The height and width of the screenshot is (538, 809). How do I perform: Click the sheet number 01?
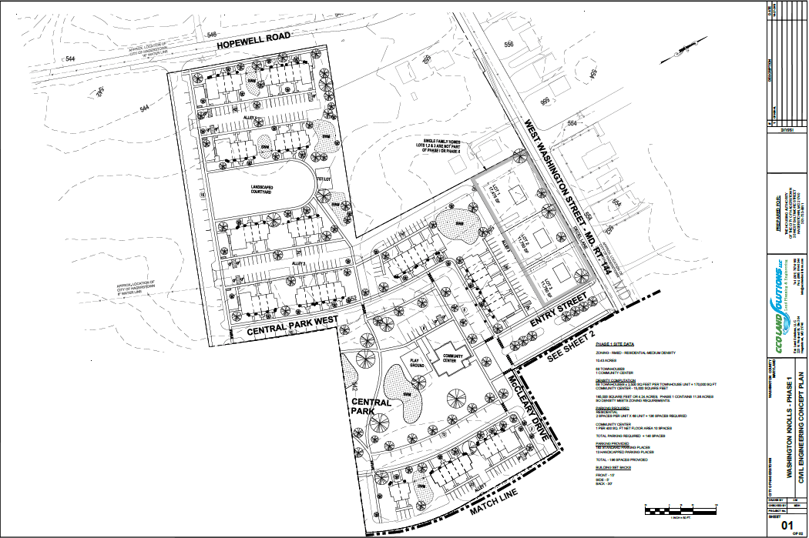click(787, 526)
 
